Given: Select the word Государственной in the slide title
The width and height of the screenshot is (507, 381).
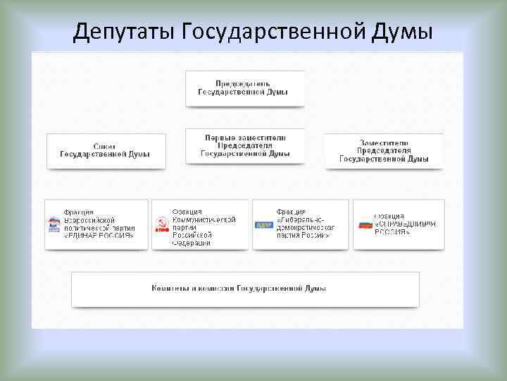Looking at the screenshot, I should point(271,31).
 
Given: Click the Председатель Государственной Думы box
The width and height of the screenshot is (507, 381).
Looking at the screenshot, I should point(245,88).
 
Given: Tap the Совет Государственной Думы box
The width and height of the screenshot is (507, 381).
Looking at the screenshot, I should point(106,150).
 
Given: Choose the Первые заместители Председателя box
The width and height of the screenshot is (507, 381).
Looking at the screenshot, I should point(245,145).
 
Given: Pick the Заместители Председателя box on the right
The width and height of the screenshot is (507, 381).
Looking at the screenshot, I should point(384,150).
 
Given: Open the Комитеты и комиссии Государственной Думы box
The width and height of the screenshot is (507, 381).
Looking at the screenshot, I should point(245,289).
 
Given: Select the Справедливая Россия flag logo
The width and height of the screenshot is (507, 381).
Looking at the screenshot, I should point(365,224).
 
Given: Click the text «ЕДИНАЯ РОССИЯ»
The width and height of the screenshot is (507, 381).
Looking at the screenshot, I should point(99,236).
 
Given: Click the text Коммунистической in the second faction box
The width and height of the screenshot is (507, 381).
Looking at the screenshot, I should point(204,219).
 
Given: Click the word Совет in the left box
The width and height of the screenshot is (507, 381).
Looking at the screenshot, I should point(106,145).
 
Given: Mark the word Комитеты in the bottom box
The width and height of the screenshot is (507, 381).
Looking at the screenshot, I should point(174,289).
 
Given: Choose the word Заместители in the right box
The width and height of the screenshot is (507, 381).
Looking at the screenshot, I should point(384,142).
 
